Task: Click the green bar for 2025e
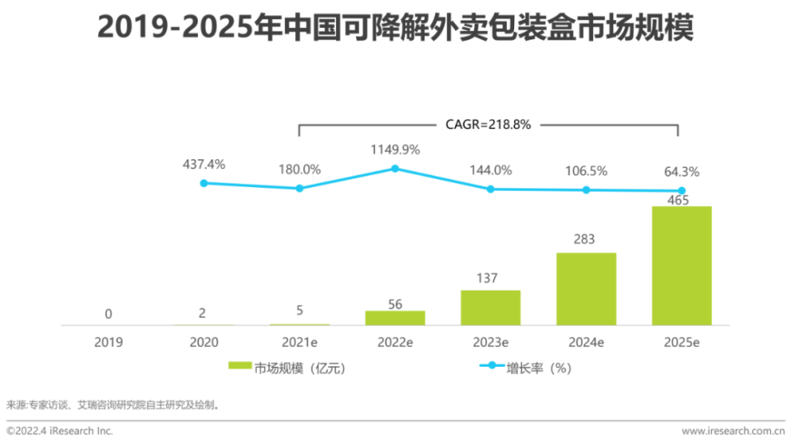coord(681,265)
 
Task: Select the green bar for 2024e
coord(586,288)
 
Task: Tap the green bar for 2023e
coord(490,307)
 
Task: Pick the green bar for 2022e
coord(395,318)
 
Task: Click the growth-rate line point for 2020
coord(203,183)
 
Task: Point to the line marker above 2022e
coord(395,169)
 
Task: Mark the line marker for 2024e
coord(586,190)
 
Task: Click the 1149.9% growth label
coord(395,149)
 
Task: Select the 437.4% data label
coord(203,164)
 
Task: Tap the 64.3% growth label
coord(681,171)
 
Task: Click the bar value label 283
coord(586,239)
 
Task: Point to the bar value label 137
coord(490,277)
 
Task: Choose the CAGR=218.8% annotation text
coord(489,124)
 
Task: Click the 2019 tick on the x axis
coord(108,342)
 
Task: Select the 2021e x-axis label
coord(299,342)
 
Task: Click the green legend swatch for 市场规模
coord(240,367)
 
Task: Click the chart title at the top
coord(395,29)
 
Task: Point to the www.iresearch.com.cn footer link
coord(733,431)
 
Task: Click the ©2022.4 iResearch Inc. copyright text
coord(59,431)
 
